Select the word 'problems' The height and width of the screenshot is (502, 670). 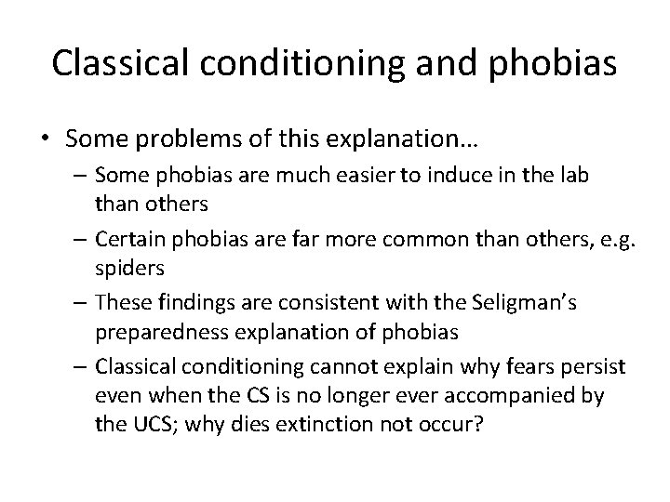tap(164, 139)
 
